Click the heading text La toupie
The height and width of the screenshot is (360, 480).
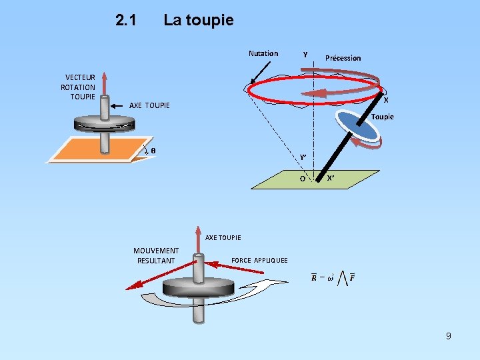click(x=198, y=20)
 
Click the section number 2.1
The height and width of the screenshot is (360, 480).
click(x=126, y=20)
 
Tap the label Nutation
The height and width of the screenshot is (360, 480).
click(x=263, y=53)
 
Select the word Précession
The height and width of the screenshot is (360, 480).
click(x=343, y=58)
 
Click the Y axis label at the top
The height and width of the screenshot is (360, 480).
click(x=305, y=54)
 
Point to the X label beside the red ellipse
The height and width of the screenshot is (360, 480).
click(x=386, y=100)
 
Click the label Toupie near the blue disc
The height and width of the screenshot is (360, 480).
click(x=383, y=117)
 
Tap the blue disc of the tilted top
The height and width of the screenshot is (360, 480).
click(x=357, y=126)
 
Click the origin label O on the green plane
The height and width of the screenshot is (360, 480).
click(x=303, y=179)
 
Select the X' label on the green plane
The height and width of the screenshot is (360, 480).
click(x=330, y=179)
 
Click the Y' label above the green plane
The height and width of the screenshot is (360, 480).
click(x=303, y=157)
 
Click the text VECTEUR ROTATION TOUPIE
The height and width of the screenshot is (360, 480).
click(x=79, y=87)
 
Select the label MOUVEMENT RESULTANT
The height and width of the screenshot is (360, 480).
click(x=156, y=255)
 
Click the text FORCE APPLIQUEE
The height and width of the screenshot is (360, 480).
click(x=259, y=260)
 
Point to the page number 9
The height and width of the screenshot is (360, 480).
click(x=449, y=336)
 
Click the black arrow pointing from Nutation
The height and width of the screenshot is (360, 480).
click(x=260, y=73)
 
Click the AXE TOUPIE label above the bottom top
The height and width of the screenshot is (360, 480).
click(x=223, y=237)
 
